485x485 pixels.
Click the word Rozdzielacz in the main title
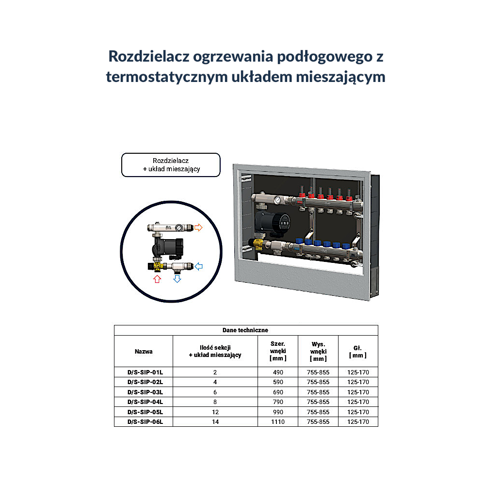149,57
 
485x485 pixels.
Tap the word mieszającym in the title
340,77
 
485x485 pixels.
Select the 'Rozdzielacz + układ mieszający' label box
171,165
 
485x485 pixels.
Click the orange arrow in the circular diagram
198,227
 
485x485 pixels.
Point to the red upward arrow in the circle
157,279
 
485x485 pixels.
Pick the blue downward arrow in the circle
177,279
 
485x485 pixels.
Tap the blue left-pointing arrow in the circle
198,266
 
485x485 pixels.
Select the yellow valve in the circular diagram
158,266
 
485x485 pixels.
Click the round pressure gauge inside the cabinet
277,200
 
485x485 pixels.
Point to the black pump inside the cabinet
272,222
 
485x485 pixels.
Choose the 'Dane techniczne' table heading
245,330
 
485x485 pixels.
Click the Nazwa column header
144,351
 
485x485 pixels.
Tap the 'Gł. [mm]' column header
358,352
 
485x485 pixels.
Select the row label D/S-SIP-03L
145,392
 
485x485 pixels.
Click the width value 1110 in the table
278,421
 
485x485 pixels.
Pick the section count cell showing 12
215,412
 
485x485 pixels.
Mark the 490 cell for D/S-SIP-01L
278,372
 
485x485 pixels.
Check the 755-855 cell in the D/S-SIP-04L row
318,402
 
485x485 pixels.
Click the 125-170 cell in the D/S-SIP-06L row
358,421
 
